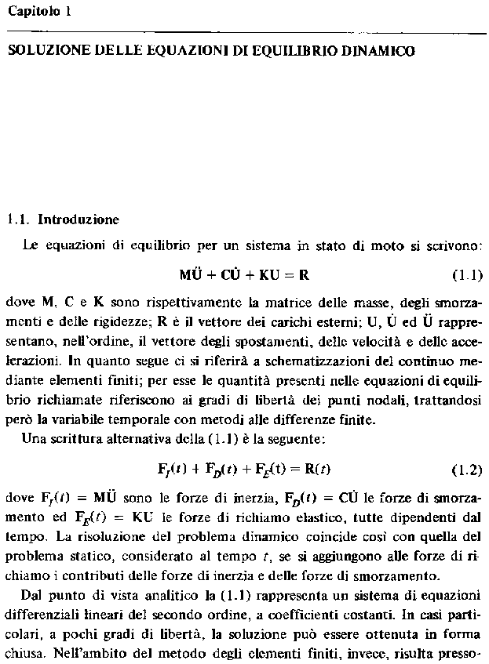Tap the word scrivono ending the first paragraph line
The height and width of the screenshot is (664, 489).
(x=455, y=245)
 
